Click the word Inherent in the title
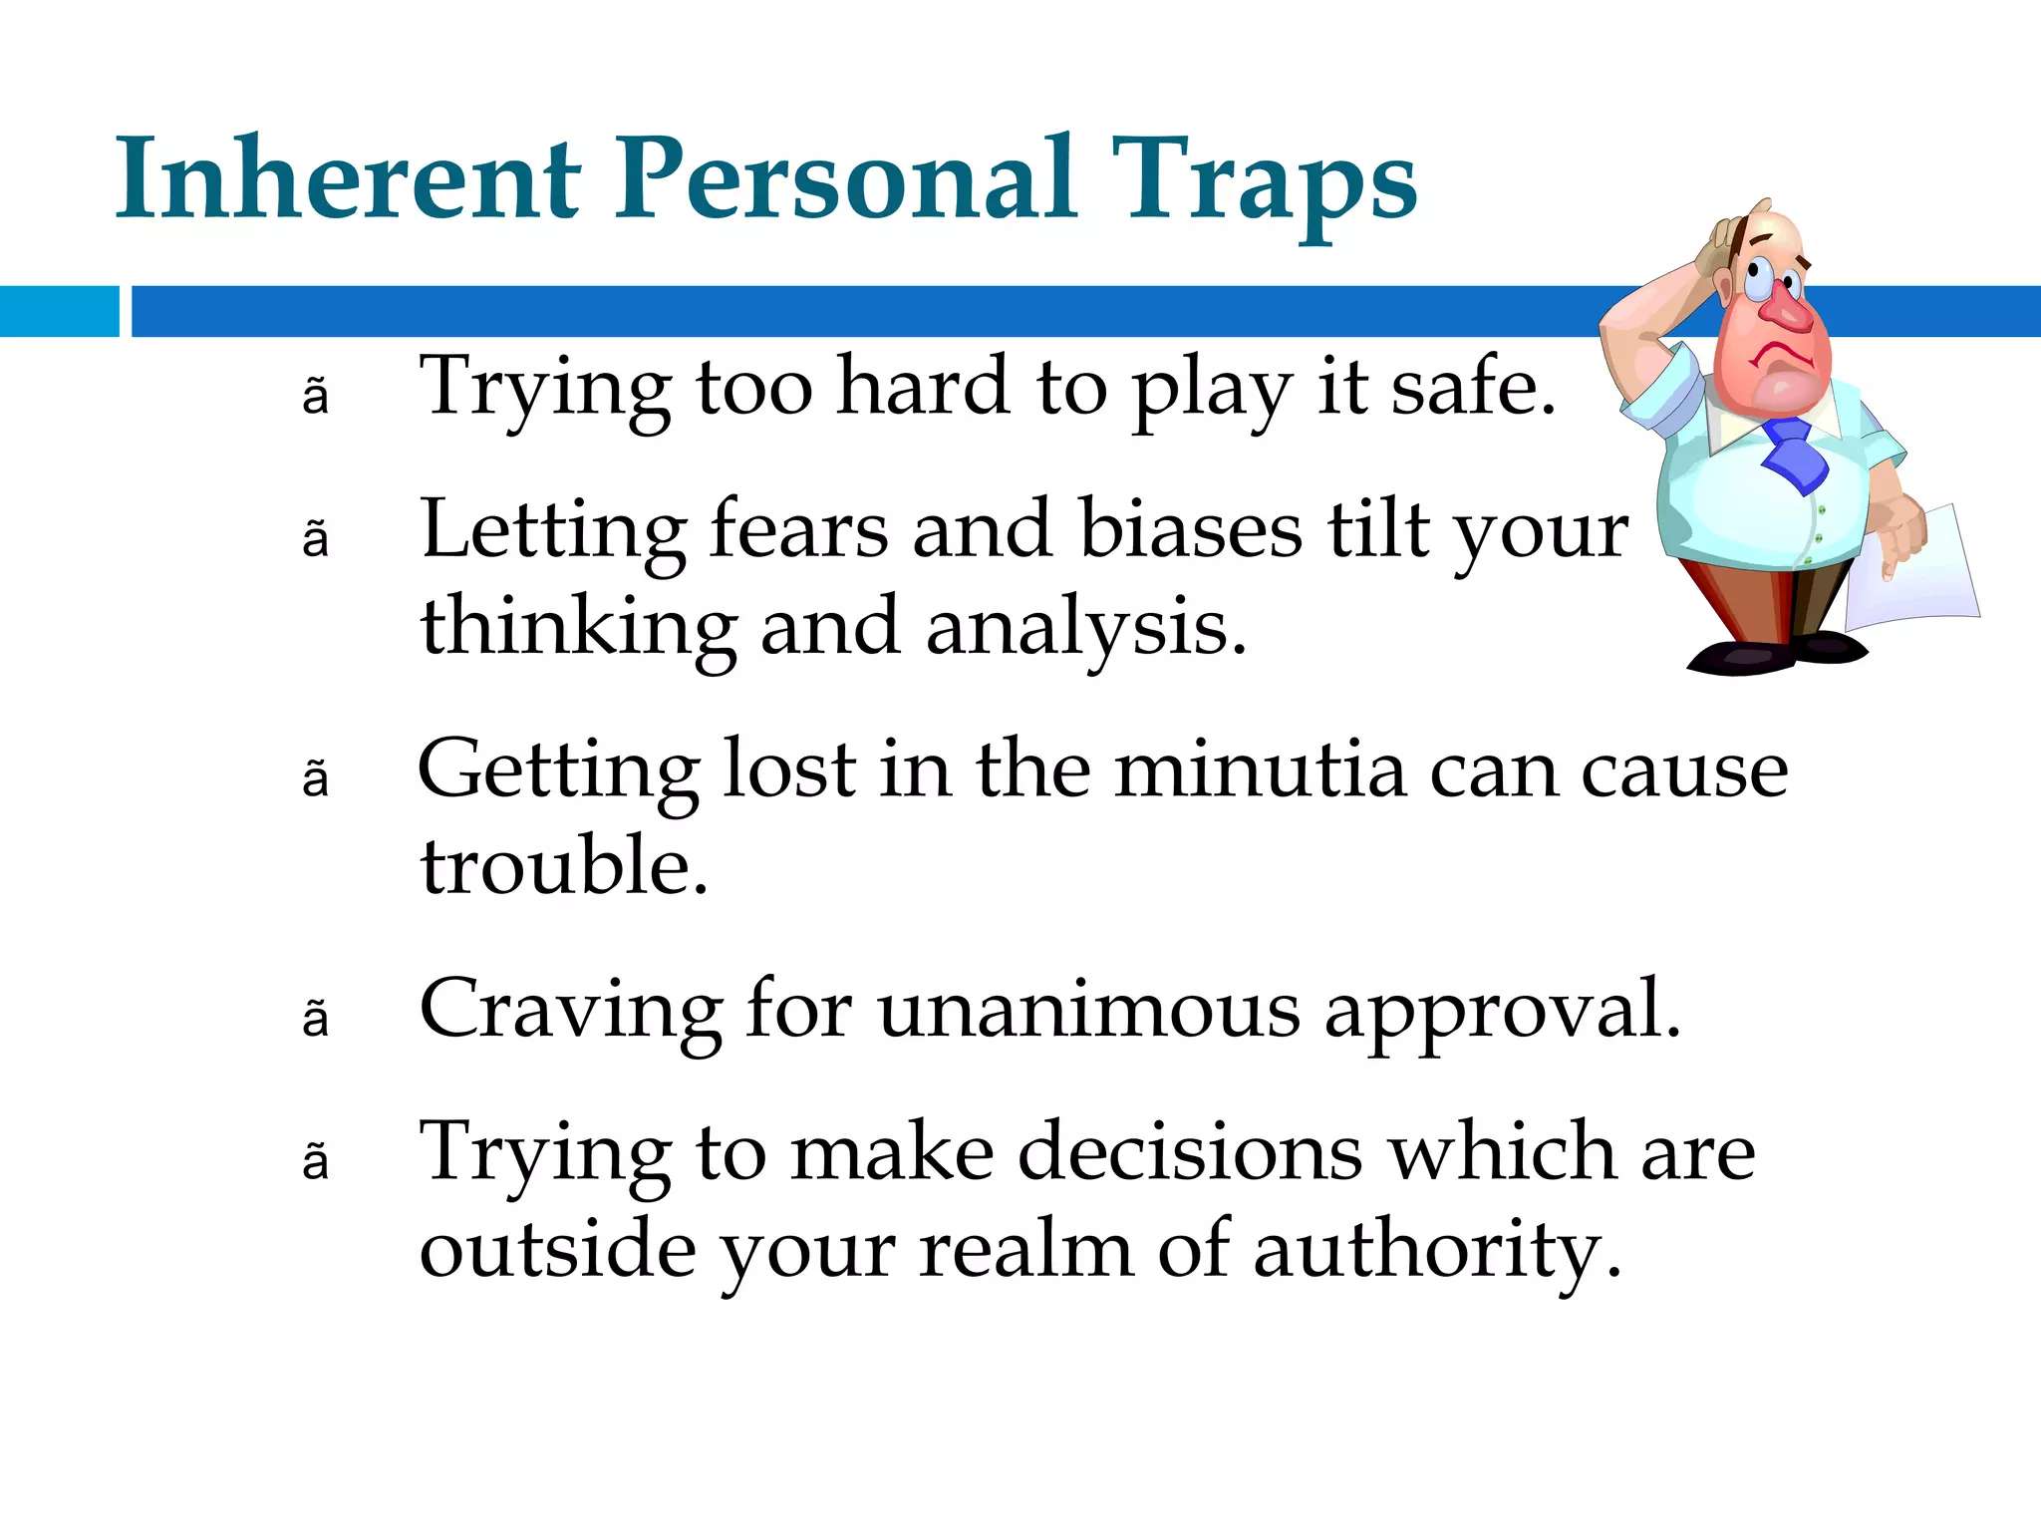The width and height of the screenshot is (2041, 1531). pyautogui.click(x=347, y=179)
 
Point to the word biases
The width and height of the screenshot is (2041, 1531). pyautogui.click(x=1190, y=529)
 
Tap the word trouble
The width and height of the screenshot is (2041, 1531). pyautogui.click(x=563, y=867)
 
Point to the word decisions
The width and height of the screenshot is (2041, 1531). pyautogui.click(x=1190, y=1152)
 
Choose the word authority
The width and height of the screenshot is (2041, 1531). pyautogui.click(x=1435, y=1252)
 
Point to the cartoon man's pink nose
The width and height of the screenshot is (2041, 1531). pyautogui.click(x=1789, y=311)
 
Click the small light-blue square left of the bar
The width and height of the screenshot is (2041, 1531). pyautogui.click(x=59, y=311)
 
